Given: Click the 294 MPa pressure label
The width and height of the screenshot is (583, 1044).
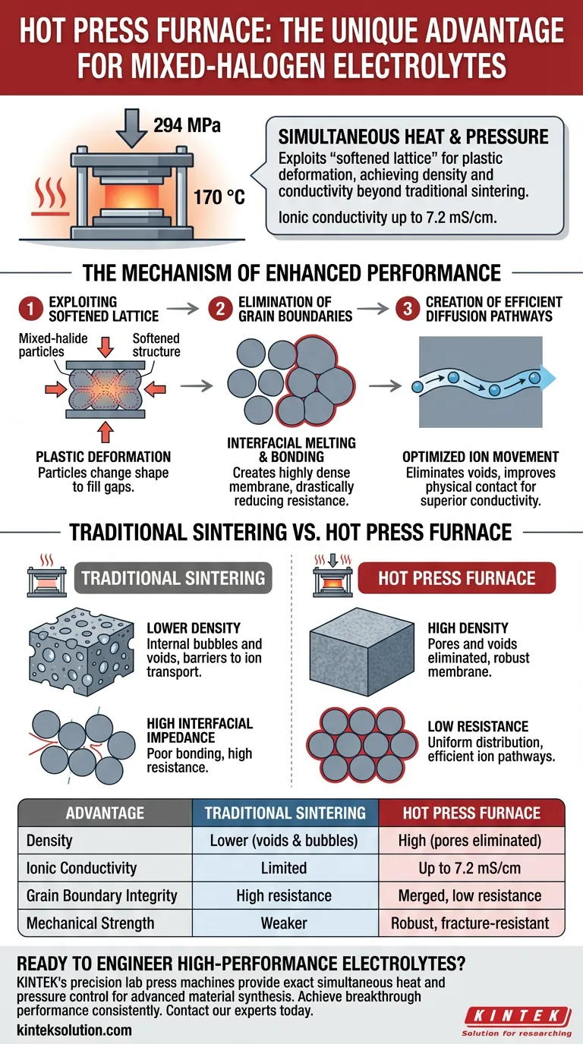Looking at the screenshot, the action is point(187,125).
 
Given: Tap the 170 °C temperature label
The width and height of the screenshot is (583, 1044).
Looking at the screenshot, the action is point(219,197).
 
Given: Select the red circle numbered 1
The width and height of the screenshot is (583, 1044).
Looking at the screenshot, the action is point(30,309).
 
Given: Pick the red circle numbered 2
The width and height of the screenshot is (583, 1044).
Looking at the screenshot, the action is point(220,309).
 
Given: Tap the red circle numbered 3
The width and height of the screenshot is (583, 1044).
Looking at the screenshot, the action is point(408,309).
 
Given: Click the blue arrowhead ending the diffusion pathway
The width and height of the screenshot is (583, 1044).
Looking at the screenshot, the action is point(549,378).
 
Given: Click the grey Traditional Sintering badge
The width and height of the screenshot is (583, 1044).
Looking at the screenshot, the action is point(173,578).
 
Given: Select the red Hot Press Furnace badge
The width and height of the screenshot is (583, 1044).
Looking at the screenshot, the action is point(456,578).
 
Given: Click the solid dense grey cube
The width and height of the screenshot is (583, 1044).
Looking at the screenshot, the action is point(362,652).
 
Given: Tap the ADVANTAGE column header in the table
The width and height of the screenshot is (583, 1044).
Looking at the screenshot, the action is point(105,813).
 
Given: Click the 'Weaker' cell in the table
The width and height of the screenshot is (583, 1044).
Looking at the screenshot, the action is point(284,923).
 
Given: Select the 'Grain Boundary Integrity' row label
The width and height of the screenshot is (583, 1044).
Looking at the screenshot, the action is point(102,895).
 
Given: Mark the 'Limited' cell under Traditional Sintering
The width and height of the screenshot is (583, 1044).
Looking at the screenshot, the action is point(284,868).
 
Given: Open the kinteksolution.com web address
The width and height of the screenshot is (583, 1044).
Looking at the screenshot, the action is point(74,1030).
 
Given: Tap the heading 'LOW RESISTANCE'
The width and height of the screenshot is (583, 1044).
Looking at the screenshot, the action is point(478,726).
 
